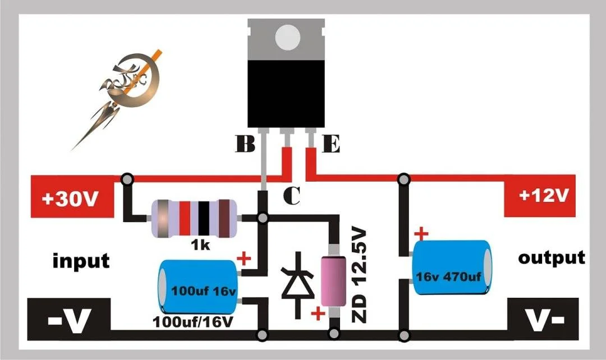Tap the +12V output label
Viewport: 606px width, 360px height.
543,196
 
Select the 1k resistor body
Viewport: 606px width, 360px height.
194,218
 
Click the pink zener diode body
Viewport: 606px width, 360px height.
333,281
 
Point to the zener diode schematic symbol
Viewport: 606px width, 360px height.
297,285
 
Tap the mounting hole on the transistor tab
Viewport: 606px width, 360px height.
287,38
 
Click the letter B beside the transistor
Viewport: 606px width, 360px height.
245,144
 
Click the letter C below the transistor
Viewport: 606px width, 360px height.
292,196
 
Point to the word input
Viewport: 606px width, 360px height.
81,261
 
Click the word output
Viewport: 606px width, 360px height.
552,257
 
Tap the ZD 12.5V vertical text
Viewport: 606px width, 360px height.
359,275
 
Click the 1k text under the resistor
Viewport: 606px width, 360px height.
200,244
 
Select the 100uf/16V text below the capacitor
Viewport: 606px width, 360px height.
193,321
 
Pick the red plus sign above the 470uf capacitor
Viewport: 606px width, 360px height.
421,233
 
